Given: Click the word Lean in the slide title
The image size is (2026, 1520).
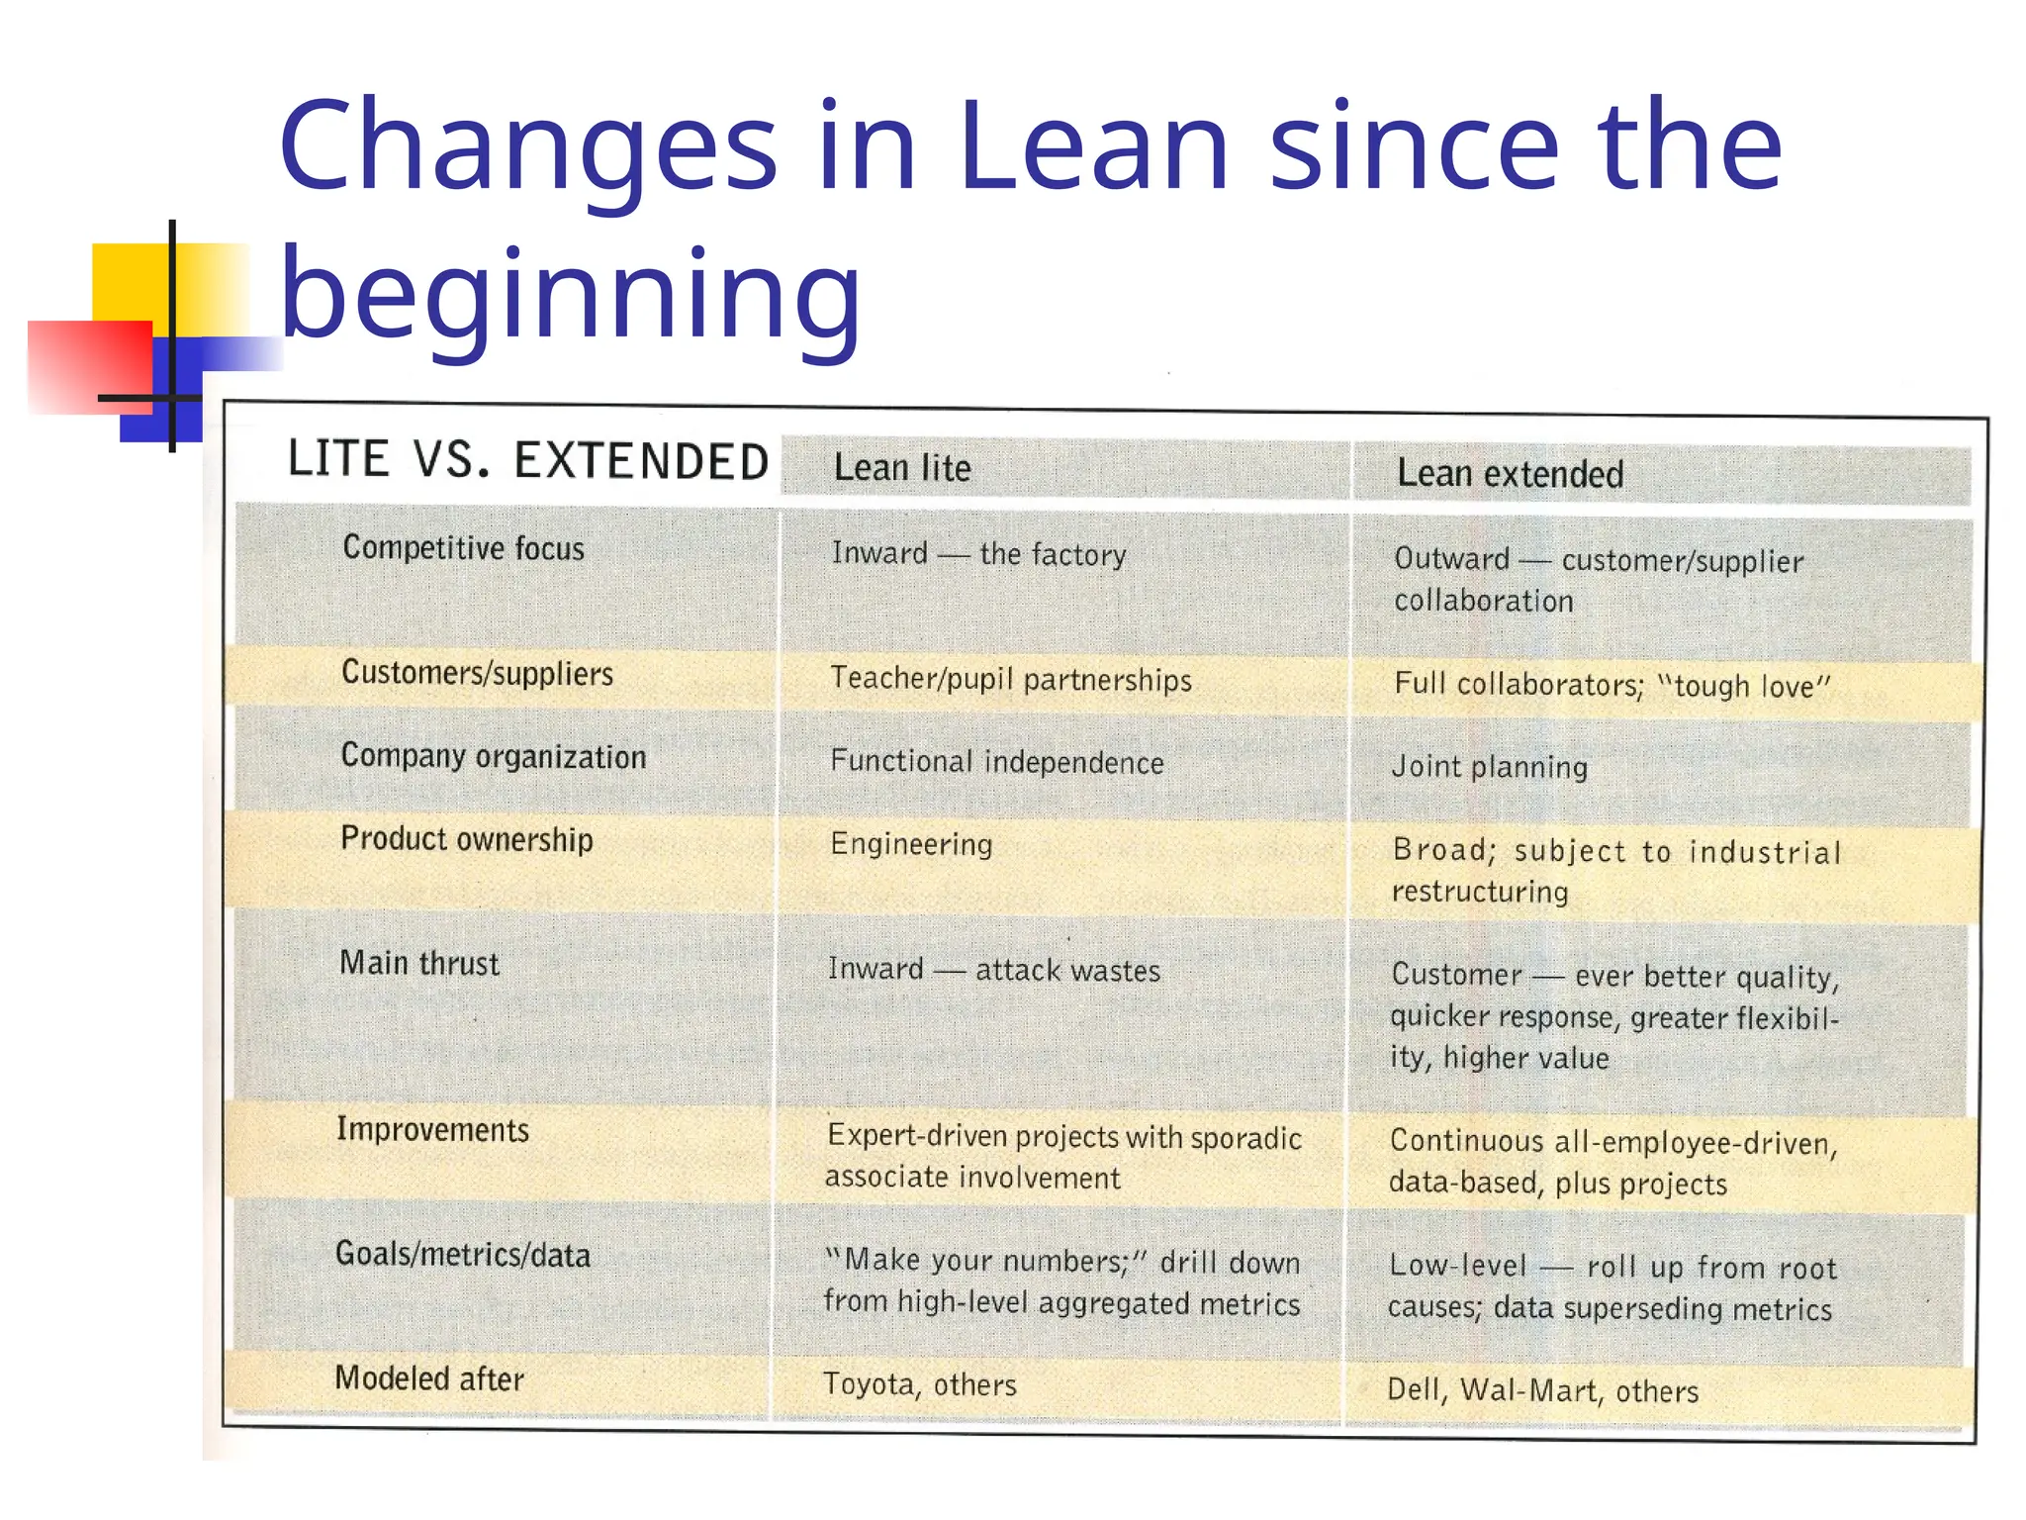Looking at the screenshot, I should [1093, 146].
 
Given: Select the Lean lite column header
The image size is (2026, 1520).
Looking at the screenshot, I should [902, 468].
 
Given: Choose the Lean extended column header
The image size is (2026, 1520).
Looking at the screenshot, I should [1510, 474].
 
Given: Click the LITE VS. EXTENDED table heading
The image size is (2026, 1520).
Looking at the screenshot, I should [528, 460].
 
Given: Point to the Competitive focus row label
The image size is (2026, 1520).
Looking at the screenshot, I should [463, 548].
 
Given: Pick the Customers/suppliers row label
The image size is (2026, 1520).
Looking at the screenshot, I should [477, 674].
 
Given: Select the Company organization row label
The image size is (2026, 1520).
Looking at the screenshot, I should [493, 757].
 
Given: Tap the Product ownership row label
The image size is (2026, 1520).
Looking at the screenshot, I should [466, 840].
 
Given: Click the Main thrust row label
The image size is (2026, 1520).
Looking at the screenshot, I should [419, 963].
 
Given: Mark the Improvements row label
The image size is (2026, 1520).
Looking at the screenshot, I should [432, 1130].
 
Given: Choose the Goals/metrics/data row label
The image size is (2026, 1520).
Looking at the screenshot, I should [462, 1255].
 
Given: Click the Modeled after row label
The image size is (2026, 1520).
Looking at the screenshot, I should [429, 1378].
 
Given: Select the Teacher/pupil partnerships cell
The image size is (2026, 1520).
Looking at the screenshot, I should [1010, 680].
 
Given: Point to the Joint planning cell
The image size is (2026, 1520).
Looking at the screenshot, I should [1489, 767].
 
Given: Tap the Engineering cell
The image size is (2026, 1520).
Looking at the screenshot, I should [911, 845].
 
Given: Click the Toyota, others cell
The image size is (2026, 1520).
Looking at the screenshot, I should [919, 1384].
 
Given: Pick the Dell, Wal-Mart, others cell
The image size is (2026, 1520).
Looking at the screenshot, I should [1542, 1390].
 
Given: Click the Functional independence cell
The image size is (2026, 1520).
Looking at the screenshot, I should [996, 762].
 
